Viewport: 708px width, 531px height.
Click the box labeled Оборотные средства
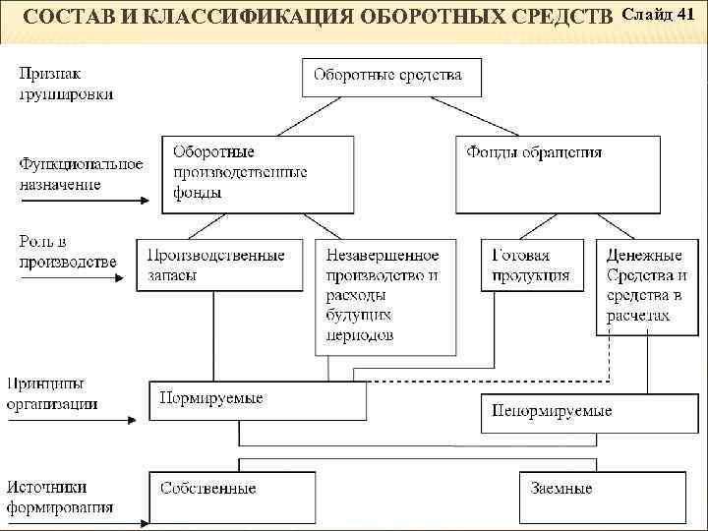386,76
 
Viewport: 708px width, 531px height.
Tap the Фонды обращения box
558,173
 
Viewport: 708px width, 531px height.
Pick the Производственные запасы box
219,264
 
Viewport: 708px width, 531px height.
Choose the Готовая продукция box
531,264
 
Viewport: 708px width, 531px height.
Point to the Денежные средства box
646,285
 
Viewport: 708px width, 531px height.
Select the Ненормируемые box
574,411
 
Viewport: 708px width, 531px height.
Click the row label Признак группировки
65,84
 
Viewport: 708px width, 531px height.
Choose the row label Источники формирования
59,498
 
